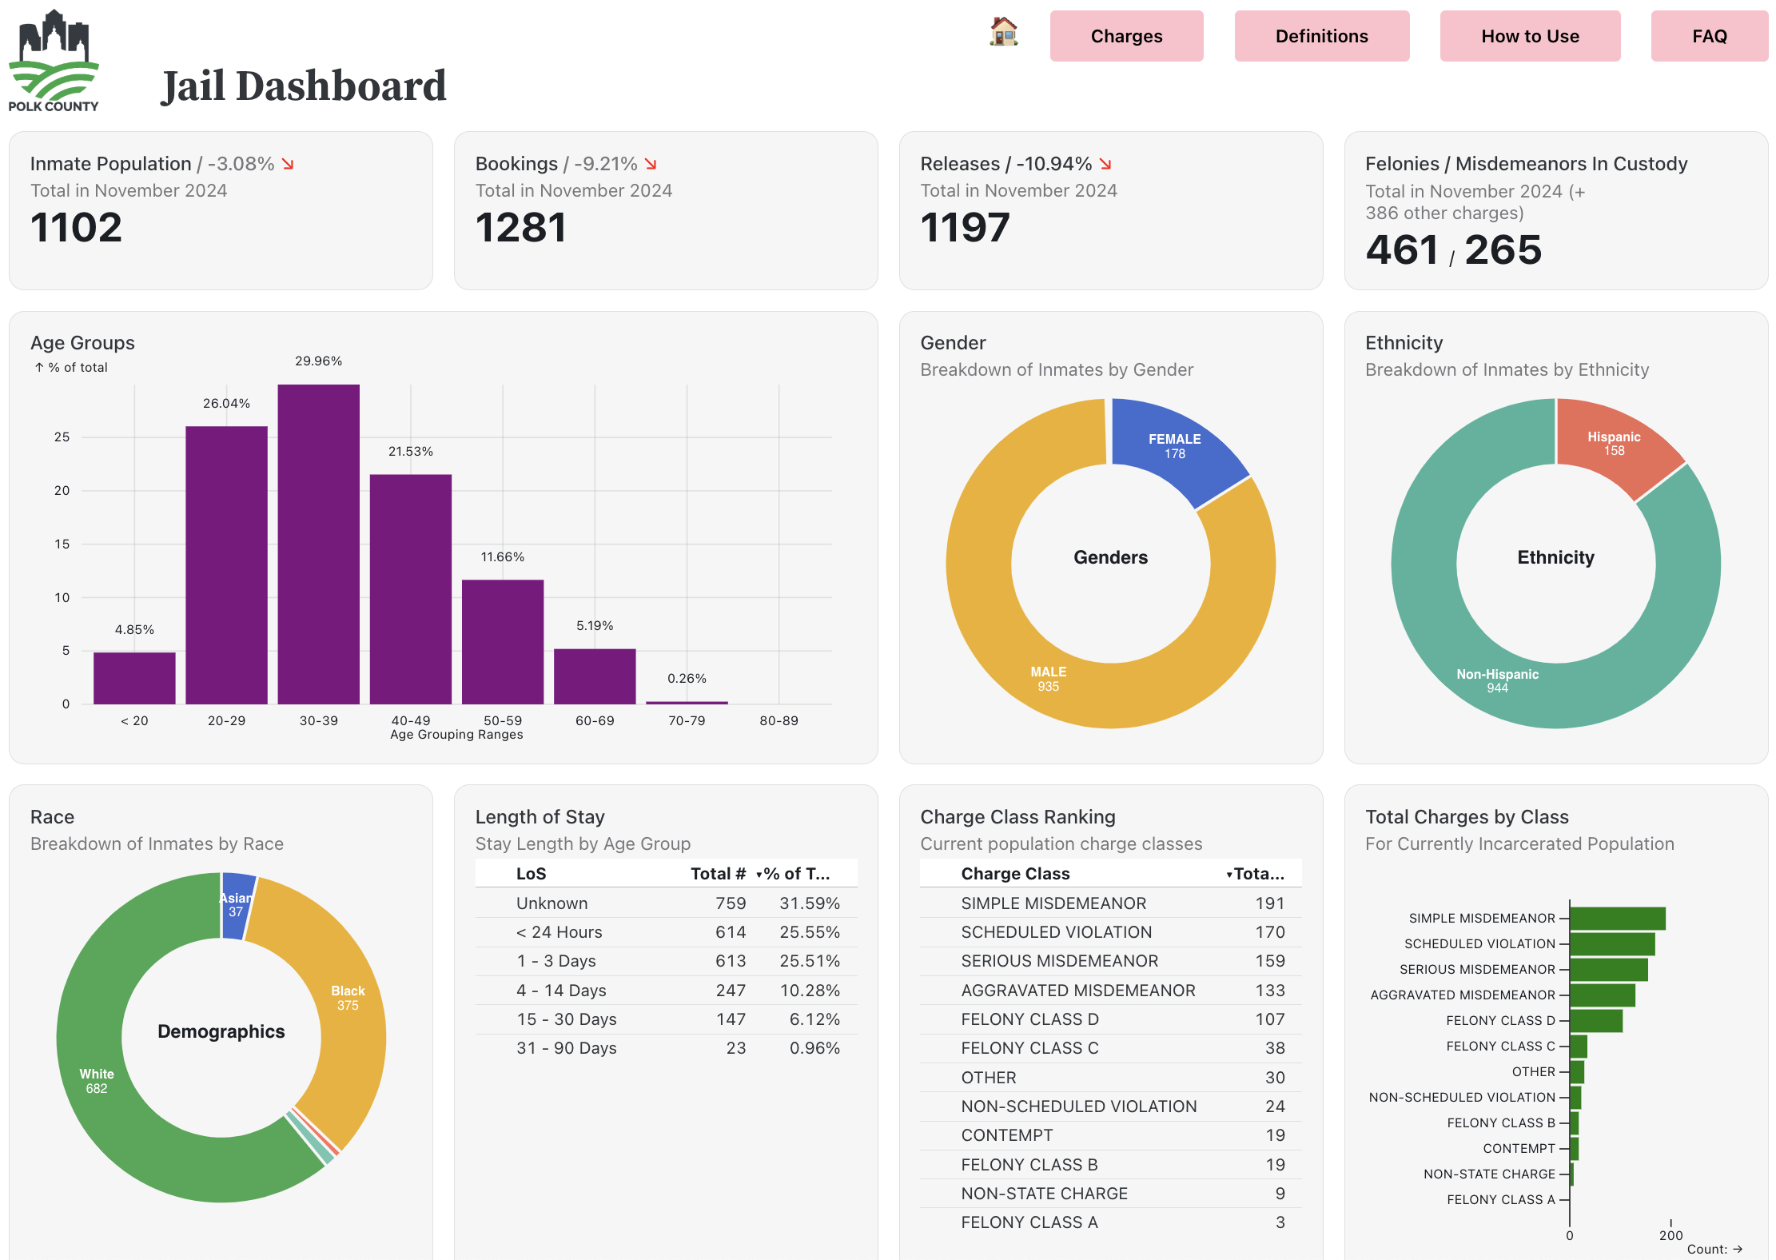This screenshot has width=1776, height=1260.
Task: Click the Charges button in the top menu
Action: click(x=1125, y=36)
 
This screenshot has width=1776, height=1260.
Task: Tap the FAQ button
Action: click(x=1709, y=36)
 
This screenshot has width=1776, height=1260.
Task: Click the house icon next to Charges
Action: click(x=1003, y=32)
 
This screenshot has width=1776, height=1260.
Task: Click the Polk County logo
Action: click(x=54, y=61)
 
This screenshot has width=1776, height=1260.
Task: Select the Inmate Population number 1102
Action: click(x=76, y=228)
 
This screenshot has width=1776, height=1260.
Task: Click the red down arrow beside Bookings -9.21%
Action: click(x=651, y=164)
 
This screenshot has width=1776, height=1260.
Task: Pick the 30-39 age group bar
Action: click(x=318, y=544)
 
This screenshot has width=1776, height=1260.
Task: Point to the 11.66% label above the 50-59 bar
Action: click(x=502, y=557)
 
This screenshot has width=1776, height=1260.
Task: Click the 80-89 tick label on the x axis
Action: click(x=778, y=720)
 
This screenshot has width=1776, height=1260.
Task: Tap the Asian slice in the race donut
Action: click(x=237, y=905)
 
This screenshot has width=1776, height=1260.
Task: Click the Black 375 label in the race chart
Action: click(x=348, y=998)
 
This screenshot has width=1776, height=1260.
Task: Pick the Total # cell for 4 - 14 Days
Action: click(x=730, y=991)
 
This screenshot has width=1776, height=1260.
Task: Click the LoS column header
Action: click(x=531, y=874)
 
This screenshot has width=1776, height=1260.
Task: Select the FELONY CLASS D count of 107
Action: click(x=1269, y=1019)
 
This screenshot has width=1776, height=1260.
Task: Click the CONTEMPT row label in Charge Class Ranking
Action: click(x=1006, y=1135)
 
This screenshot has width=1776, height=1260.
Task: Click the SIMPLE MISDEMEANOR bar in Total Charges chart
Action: click(x=1616, y=919)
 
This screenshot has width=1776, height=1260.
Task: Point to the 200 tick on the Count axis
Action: click(x=1670, y=1235)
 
